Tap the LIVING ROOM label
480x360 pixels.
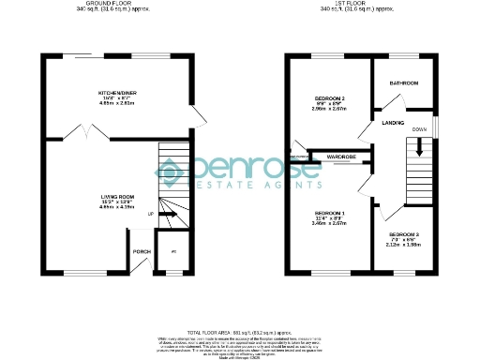119,196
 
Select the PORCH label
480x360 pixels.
142,251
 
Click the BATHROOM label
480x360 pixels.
404,83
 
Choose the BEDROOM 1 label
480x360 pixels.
330,213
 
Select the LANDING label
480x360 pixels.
392,122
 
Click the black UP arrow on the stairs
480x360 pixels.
168,215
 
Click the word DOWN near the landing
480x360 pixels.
419,128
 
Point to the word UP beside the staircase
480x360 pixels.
151,215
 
